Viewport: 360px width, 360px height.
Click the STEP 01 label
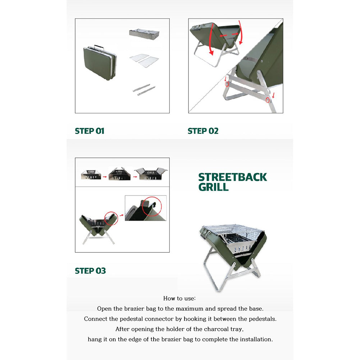point(90,131)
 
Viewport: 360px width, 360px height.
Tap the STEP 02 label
point(203,131)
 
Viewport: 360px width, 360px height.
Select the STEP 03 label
point(90,271)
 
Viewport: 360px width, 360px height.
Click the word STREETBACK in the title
point(233,177)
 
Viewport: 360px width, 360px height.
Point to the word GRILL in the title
point(213,187)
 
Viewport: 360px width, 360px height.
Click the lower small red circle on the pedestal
point(267,100)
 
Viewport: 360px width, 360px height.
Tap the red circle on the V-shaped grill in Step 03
point(111,218)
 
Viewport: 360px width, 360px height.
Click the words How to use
point(179,299)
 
